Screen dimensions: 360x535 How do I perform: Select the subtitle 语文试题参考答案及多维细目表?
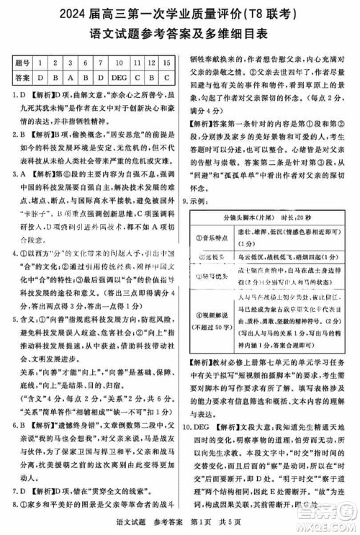click(180, 33)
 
